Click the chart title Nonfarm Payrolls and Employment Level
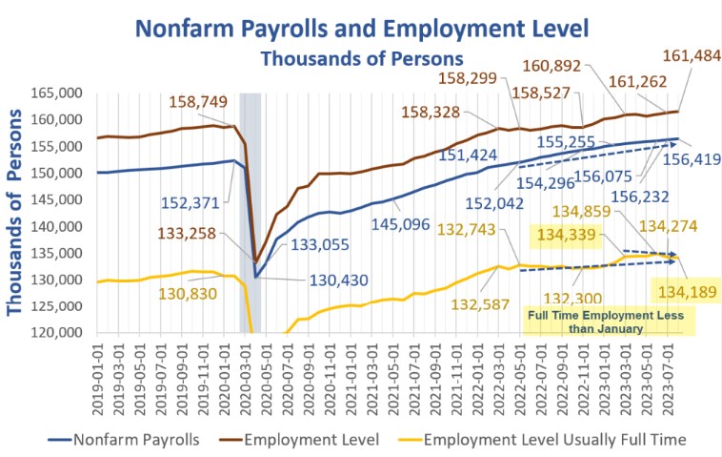click(360, 26)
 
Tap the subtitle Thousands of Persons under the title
click(361, 57)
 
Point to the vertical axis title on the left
click(16, 218)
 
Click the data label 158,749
click(197, 101)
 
